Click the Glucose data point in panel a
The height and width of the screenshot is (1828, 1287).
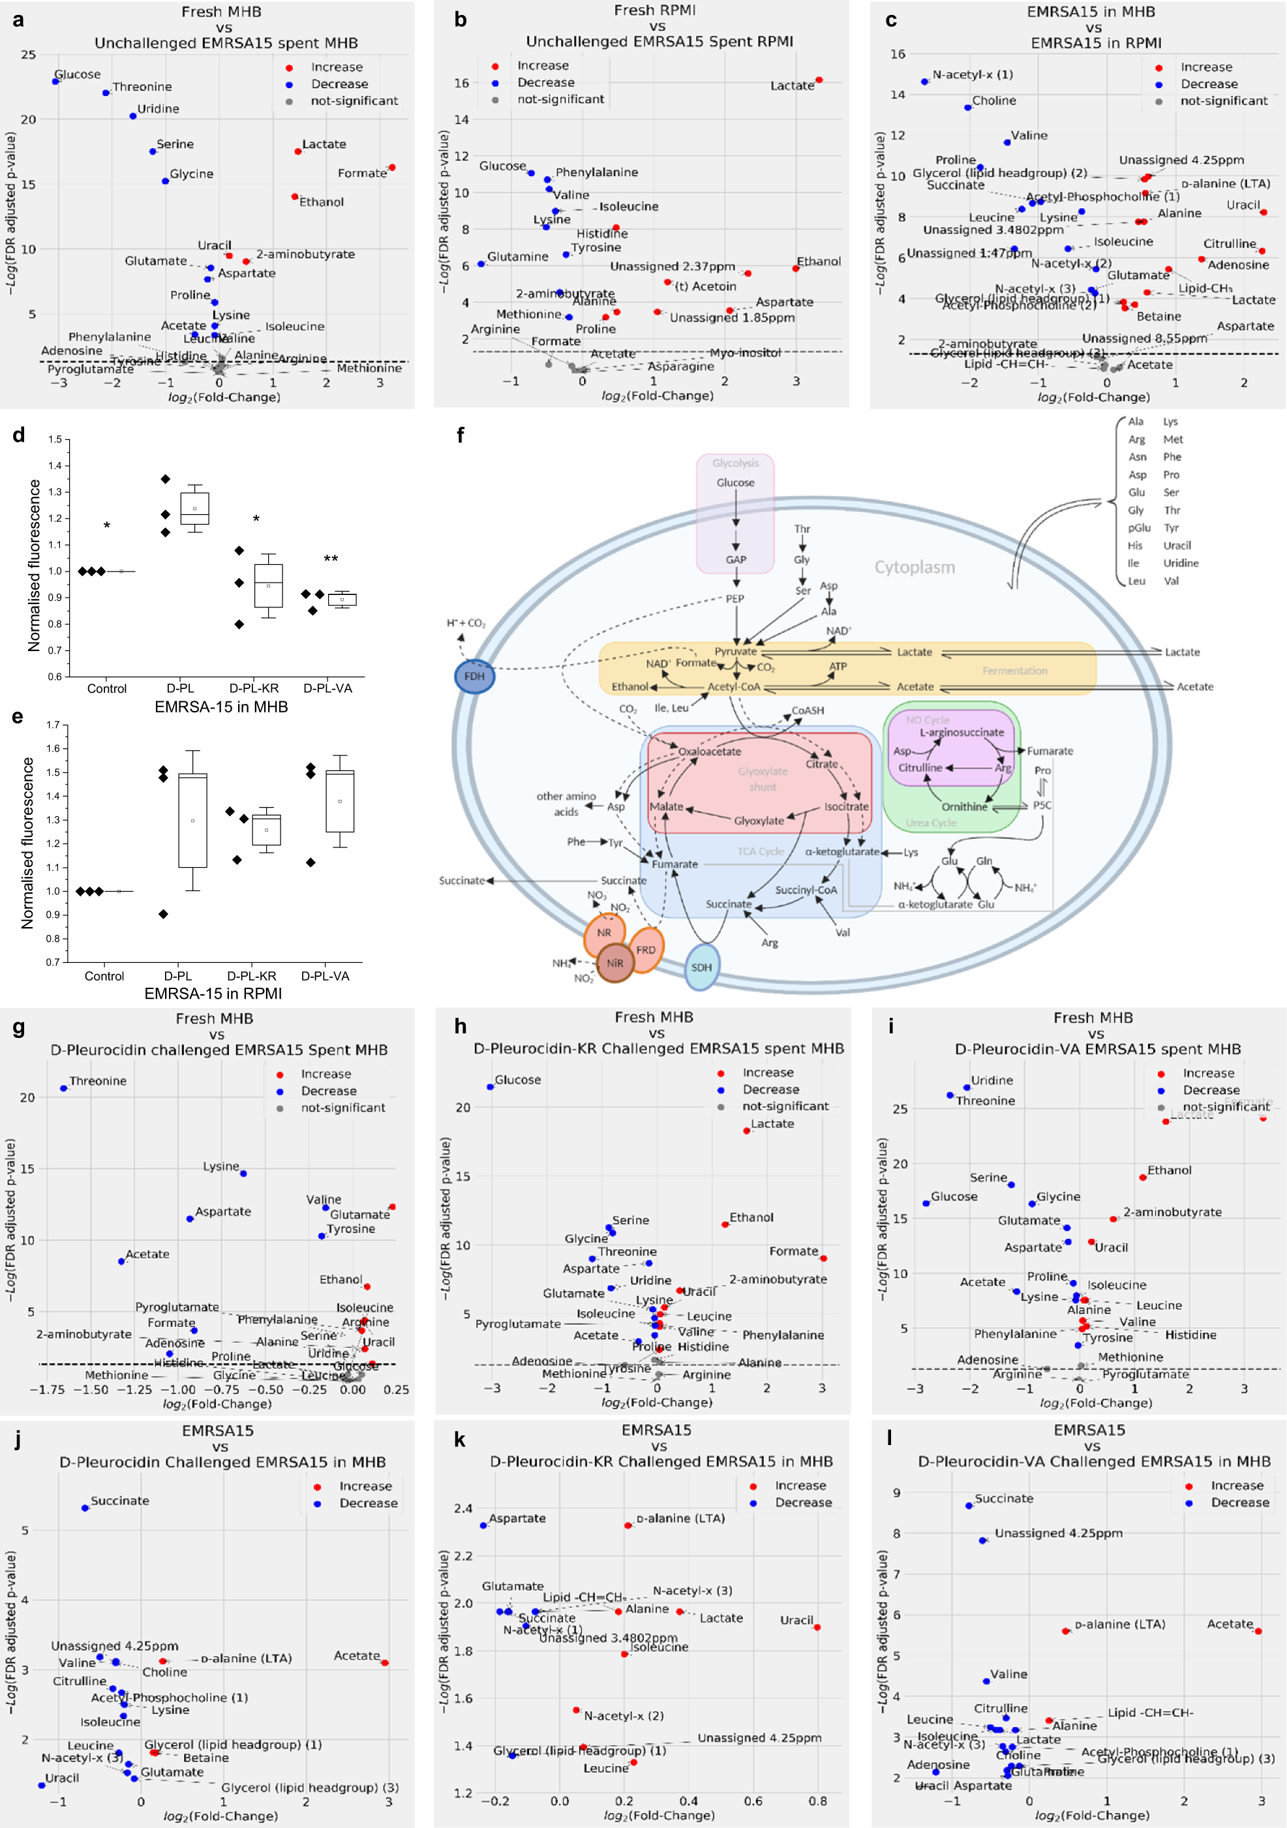(x=55, y=81)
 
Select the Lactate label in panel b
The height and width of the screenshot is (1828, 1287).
(x=791, y=86)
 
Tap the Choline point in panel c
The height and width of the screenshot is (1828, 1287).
(x=968, y=108)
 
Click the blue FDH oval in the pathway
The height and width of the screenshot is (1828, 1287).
(x=474, y=676)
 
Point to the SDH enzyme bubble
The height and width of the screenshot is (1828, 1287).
(x=701, y=967)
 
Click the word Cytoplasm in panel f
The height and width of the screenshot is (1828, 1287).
(x=915, y=567)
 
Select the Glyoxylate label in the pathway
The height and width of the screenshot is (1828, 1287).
(x=759, y=821)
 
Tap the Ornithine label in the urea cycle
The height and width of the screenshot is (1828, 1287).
(x=964, y=806)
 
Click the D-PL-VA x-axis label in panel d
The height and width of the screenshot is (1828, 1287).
(x=328, y=688)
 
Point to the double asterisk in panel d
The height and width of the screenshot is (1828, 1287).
(x=330, y=560)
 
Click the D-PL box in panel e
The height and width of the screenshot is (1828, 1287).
(x=192, y=820)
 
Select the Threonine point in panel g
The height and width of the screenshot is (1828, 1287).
(x=65, y=1088)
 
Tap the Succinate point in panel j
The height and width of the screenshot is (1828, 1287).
(x=85, y=1508)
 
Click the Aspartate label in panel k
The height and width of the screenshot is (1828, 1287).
(x=517, y=1518)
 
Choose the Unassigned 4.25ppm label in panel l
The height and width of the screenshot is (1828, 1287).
(x=1058, y=1532)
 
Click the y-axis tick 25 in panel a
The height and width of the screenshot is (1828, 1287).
(x=29, y=55)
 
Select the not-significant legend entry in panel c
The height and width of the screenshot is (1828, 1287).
(x=1223, y=100)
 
